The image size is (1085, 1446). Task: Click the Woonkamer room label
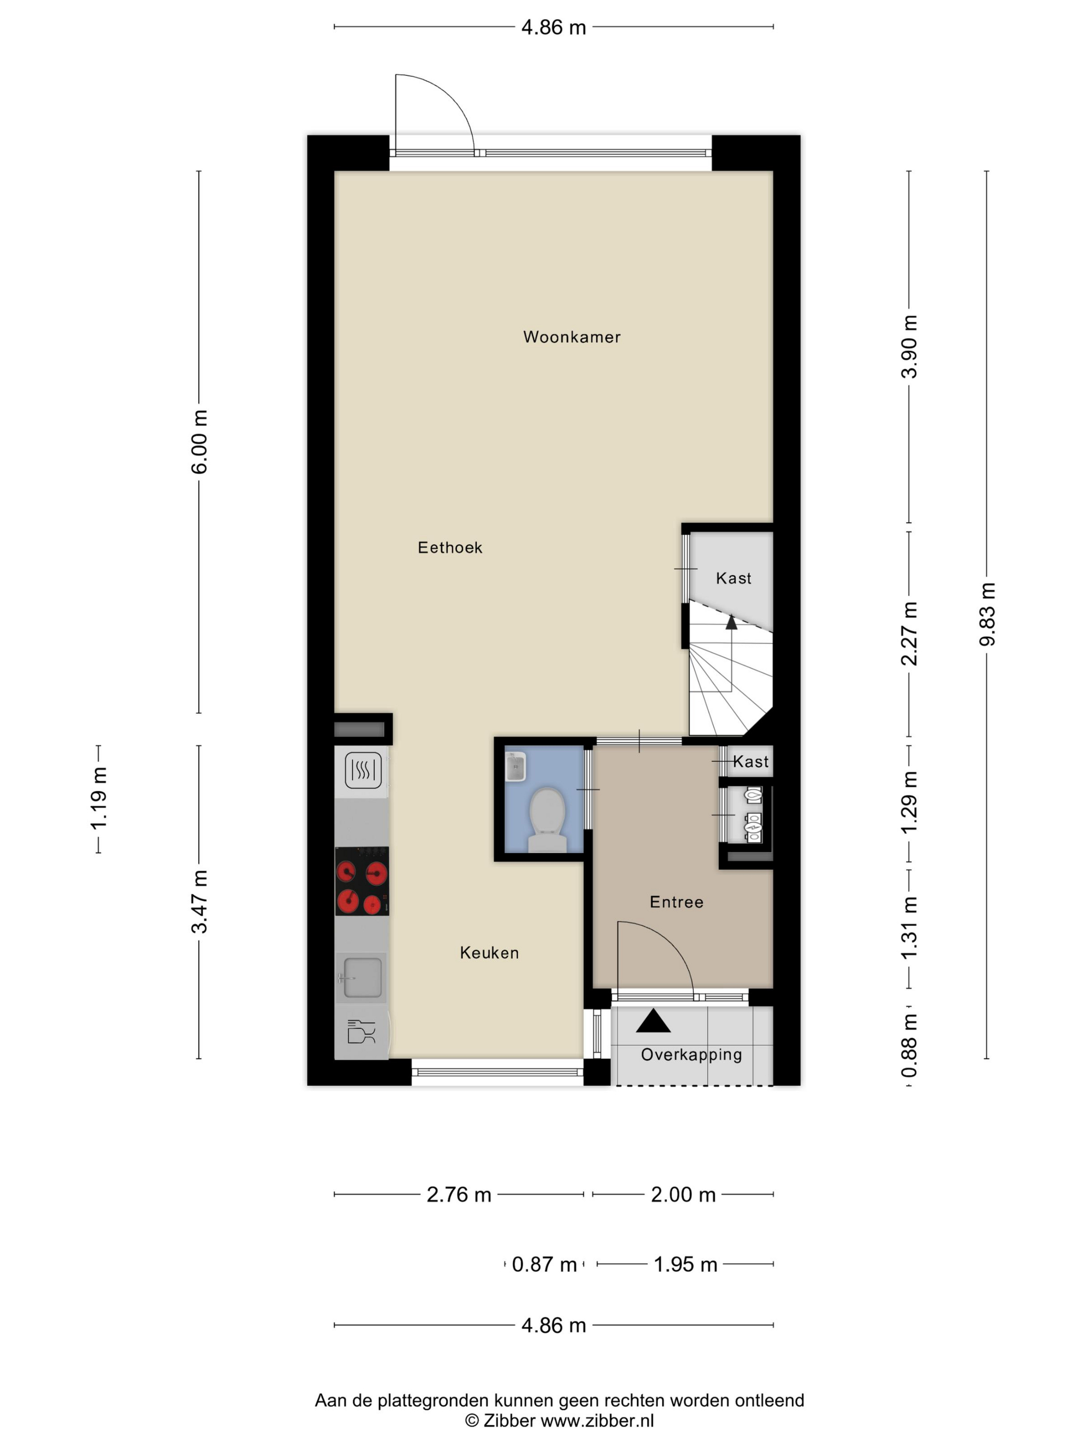point(571,337)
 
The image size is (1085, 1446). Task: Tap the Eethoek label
point(450,548)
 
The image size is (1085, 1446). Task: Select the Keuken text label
point(489,953)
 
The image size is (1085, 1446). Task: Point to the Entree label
point(676,902)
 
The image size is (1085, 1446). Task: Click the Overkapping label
point(691,1055)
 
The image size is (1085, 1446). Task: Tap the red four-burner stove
point(362,881)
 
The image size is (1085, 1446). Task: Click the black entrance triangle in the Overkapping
point(653,1021)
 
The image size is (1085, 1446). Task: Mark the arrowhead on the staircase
point(731,622)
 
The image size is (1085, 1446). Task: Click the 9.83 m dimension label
point(987,615)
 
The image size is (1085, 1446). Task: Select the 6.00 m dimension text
point(199,442)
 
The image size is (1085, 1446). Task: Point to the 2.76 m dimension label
point(458,1195)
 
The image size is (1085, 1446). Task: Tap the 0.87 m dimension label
point(544,1264)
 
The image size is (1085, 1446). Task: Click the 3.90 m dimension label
point(909,347)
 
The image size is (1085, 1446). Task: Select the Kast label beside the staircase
point(733,578)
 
